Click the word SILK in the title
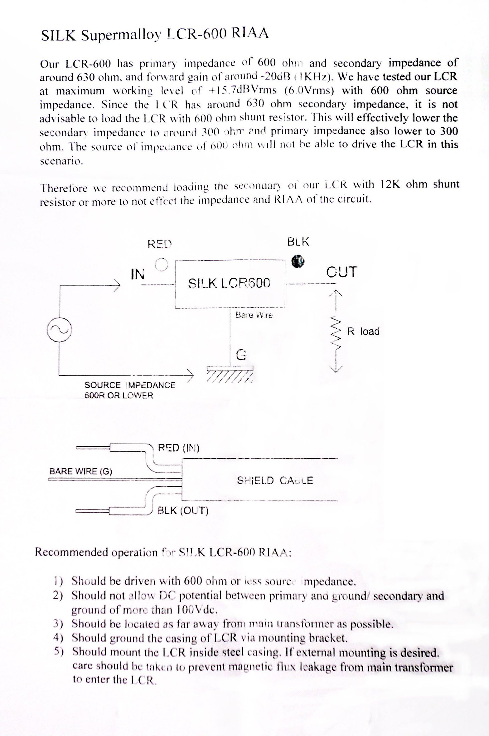tap(58, 36)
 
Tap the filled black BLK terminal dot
tap(298, 261)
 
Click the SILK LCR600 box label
tap(229, 283)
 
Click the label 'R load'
tap(363, 331)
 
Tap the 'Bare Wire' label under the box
tap(254, 315)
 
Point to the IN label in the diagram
tap(138, 274)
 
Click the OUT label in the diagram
tap(341, 272)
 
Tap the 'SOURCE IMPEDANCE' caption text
tap(130, 385)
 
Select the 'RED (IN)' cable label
tap(179, 448)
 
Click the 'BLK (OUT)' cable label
tap(183, 511)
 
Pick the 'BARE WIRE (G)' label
tap(81, 471)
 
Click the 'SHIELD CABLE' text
tap(275, 480)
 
